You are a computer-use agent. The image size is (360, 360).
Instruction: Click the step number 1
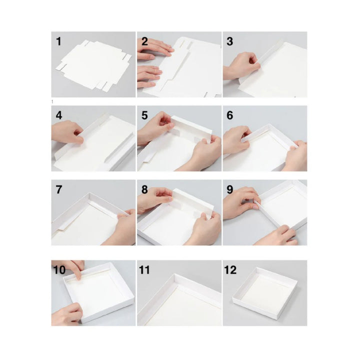[x=59, y=41]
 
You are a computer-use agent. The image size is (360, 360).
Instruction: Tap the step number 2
[x=144, y=41]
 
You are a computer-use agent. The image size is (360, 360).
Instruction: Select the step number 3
[x=230, y=41]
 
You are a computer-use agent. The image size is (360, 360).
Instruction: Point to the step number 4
[x=59, y=115]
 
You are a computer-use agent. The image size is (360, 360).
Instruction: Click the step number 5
[x=144, y=115]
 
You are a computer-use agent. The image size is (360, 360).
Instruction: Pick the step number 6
[x=230, y=115]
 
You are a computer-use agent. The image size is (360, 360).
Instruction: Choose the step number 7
[x=59, y=190]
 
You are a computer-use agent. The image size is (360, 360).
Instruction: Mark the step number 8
[x=144, y=190]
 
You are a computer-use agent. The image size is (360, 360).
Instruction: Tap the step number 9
[x=230, y=190]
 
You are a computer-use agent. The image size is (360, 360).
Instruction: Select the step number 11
[x=145, y=270]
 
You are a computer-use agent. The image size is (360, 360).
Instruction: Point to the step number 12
[x=230, y=270]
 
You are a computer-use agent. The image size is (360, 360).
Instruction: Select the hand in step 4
[x=67, y=132]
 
